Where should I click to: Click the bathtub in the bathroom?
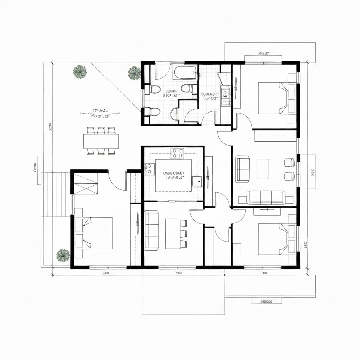pos(185,73)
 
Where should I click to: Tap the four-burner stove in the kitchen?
pos(178,153)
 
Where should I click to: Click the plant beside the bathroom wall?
pos(134,73)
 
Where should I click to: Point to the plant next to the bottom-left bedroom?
pos(63,255)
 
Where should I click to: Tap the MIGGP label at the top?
pos(263,53)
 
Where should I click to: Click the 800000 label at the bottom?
pos(266,301)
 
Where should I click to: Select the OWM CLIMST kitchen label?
pos(174,173)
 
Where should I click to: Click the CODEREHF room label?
pos(210,94)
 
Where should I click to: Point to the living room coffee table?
pos(263,169)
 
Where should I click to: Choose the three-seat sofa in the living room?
pos(266,198)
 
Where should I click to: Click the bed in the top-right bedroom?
pos(274,98)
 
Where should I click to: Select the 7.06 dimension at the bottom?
pos(264,273)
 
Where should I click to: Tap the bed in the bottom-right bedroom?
pos(274,239)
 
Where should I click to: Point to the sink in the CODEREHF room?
pos(225,93)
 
